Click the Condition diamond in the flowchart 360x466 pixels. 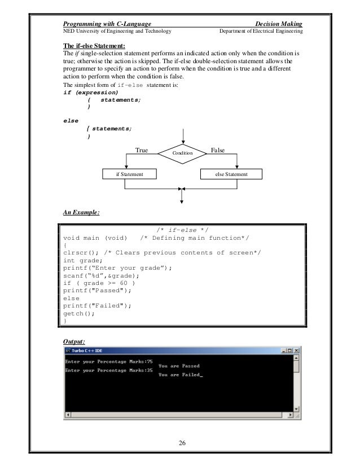[182, 153]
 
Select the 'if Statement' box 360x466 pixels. [129, 174]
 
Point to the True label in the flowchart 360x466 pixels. [142, 151]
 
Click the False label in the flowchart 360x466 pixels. [217, 151]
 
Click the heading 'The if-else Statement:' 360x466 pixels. [94, 46]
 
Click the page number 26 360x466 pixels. [182, 441]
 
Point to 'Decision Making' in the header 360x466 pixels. [279, 24]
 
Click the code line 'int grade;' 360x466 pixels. [84, 261]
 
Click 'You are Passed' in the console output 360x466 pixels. [179, 366]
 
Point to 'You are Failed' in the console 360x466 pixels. [179, 375]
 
